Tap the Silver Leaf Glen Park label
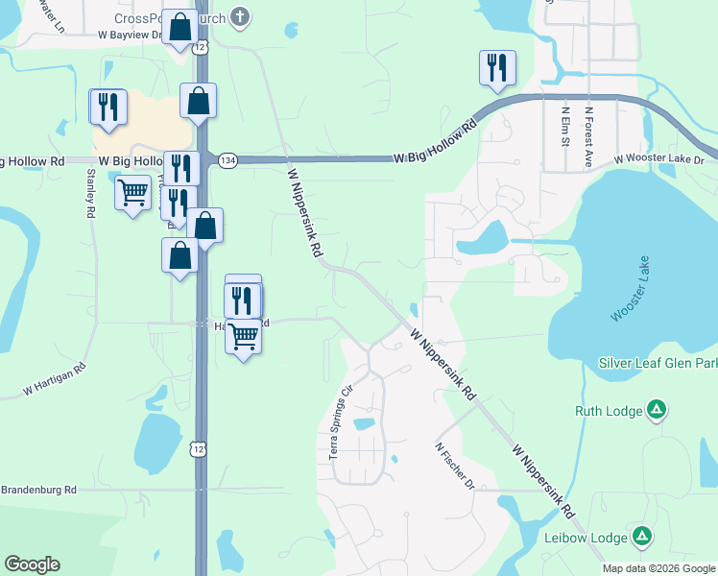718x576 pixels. point(658,362)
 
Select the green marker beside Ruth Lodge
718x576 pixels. point(657,411)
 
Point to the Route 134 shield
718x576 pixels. point(227,159)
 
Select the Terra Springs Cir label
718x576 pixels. point(342,423)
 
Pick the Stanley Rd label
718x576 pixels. point(91,196)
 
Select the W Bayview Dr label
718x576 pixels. point(131,35)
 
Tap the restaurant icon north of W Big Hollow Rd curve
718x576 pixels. point(497,67)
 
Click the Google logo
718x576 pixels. point(32,564)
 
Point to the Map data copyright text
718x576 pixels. point(658,568)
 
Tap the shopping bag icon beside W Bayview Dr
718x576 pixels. point(179,27)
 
